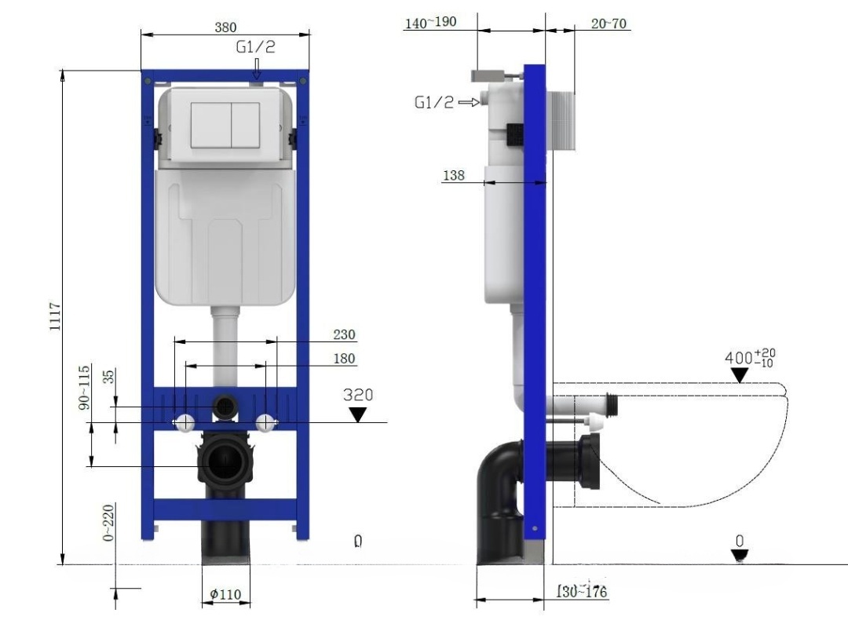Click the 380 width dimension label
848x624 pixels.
click(225, 27)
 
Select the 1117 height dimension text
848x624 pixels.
click(55, 316)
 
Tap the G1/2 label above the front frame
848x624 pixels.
click(256, 47)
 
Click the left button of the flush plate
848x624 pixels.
click(211, 126)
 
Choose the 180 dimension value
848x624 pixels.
click(343, 359)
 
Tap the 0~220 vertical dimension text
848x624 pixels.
click(108, 523)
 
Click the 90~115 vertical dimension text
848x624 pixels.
click(84, 386)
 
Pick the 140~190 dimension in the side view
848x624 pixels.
click(429, 22)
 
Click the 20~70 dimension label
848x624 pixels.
click(609, 24)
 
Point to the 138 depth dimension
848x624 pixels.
click(453, 176)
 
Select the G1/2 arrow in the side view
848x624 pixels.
click(469, 102)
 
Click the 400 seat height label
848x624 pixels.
click(737, 359)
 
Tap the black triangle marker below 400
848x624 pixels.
click(739, 376)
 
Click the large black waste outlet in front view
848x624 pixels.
click(225, 461)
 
